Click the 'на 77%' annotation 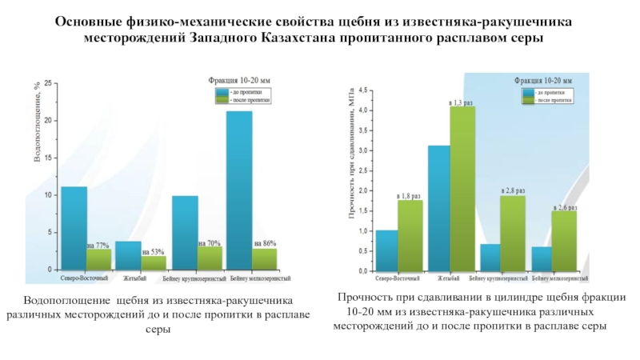click(98, 245)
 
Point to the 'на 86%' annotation click(265, 243)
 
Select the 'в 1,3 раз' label click(462, 102)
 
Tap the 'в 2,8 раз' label click(513, 190)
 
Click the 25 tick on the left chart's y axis click(49, 83)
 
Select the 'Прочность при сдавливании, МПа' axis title click(350, 154)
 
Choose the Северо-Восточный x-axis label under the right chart click(398, 279)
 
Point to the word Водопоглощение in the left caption click(67, 300)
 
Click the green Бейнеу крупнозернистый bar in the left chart click(210, 258)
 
